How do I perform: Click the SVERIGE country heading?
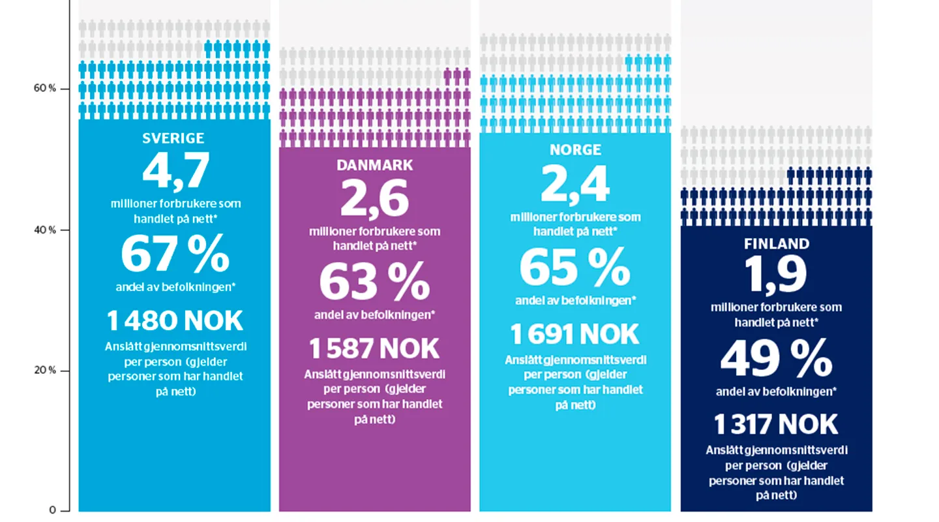173,138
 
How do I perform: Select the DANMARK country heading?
374,165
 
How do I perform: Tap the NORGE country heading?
574,149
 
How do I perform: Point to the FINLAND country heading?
776,244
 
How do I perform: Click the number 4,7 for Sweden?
175,170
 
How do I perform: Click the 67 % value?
175,254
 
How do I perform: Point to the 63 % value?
374,281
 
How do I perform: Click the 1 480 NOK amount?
174,321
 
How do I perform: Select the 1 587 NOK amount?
374,349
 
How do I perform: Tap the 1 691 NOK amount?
574,334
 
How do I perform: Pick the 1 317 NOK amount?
776,425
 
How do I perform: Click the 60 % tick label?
44,88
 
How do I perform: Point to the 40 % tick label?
44,230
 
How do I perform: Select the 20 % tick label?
44,370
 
